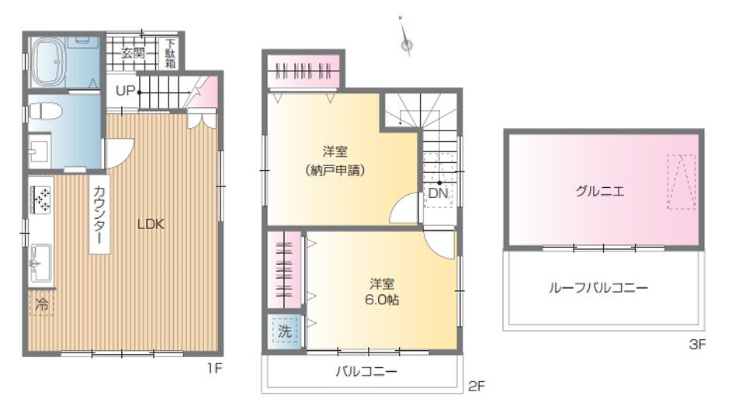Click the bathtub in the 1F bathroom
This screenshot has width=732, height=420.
coord(48,62)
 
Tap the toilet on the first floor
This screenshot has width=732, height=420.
coord(45,112)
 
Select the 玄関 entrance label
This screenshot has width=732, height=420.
coord(133,54)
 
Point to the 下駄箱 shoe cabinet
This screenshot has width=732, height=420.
coord(171,54)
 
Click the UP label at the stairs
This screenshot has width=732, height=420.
coord(125,91)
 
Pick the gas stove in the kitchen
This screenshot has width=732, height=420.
coord(40,200)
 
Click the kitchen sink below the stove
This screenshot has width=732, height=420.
coord(40,264)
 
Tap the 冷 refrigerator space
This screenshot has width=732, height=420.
coord(42,305)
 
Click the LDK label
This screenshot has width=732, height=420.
coord(151,224)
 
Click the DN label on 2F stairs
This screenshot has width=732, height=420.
coord(438,193)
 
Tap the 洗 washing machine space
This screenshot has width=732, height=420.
coord(284,331)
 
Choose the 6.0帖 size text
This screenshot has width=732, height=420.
coord(382,300)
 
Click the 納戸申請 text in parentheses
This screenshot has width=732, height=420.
coord(335,170)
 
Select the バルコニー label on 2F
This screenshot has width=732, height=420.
coord(366,371)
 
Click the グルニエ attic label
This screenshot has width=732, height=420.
coord(600,191)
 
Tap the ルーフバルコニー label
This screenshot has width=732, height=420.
coord(598,287)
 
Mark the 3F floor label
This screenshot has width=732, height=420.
coord(697,345)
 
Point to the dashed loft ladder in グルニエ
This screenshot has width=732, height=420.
coord(681,182)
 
